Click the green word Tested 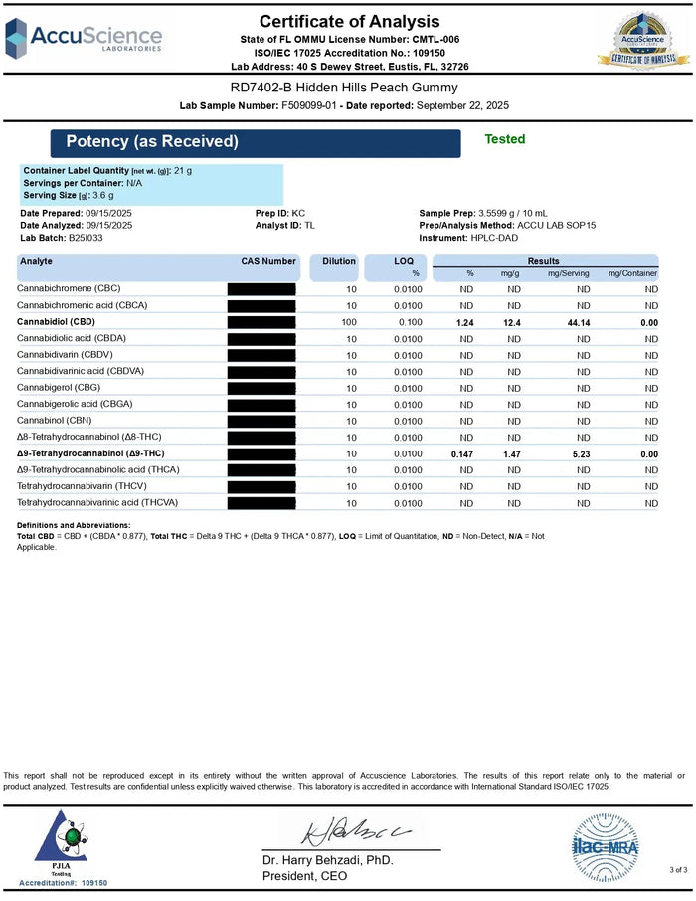point(504,140)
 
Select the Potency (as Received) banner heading point(152,142)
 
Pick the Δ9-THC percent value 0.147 point(461,453)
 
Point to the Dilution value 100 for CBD point(349,322)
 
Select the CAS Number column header point(268,261)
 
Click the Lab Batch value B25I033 point(84,238)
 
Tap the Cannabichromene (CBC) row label point(69,289)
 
